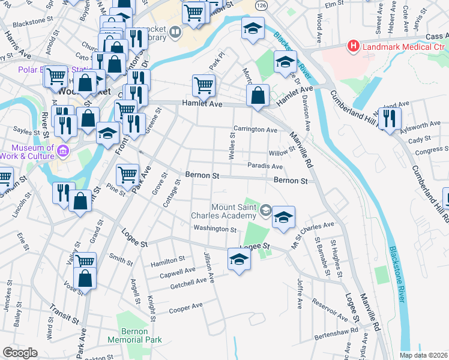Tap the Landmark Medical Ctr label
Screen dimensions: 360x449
pos(399,46)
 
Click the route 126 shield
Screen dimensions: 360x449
pos(263,5)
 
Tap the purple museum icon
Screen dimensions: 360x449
pos(64,149)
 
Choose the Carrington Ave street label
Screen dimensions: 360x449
pos(255,130)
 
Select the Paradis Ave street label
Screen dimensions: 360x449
pos(265,166)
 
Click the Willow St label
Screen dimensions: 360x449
pos(282,152)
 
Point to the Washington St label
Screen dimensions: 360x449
pos(215,229)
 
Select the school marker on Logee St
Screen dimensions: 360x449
pos(239,259)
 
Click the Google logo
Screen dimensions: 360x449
pos(20,353)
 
